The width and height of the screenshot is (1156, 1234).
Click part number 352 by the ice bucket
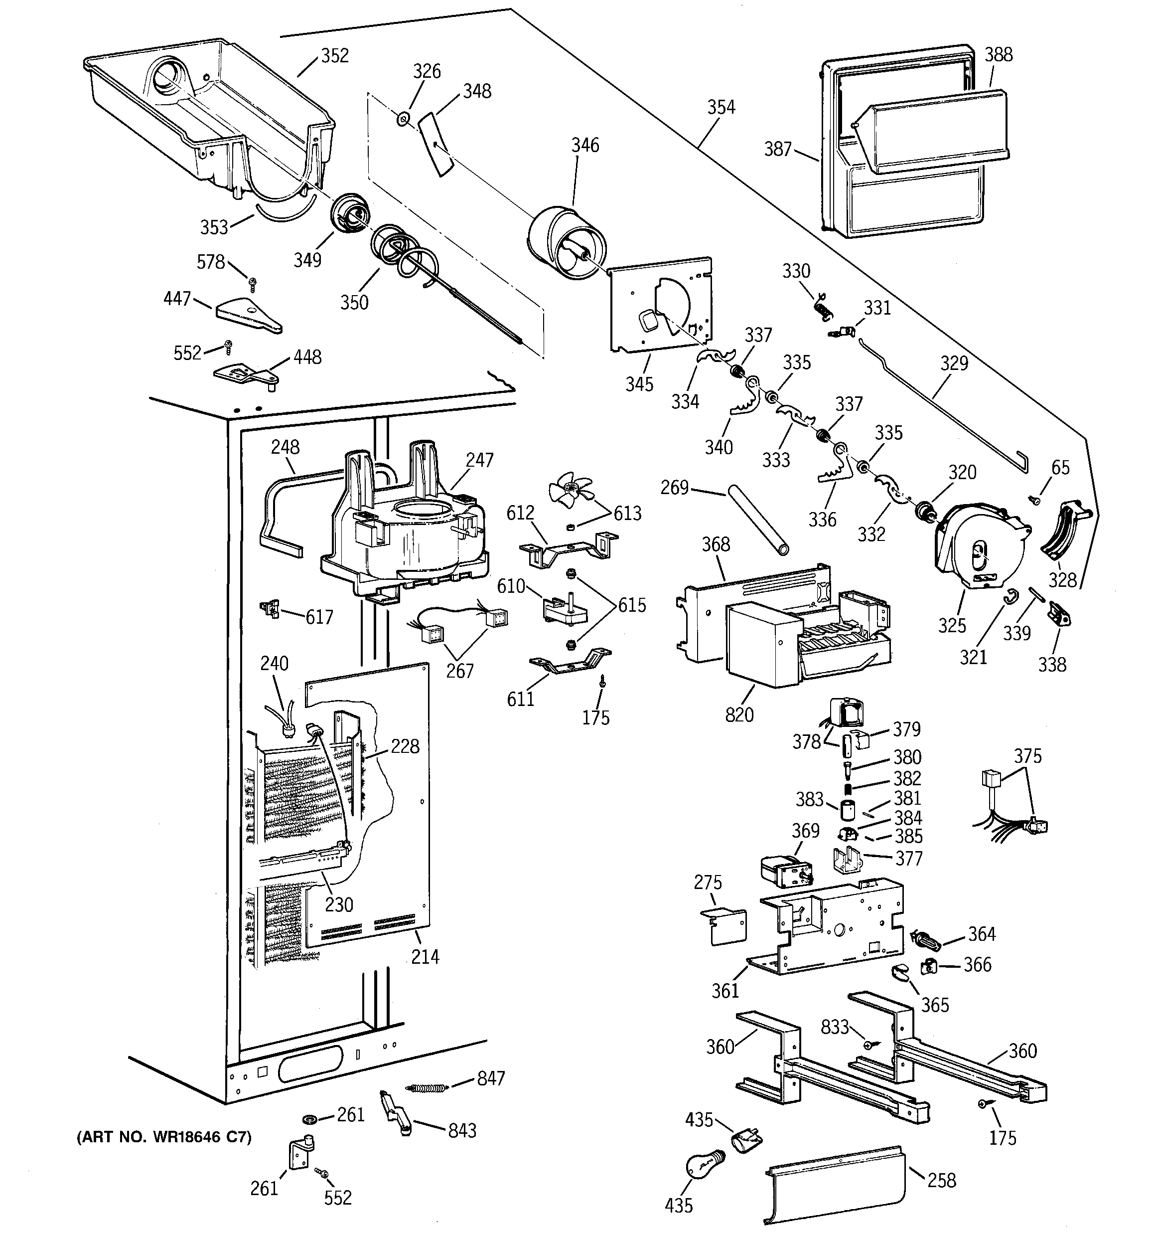pos(334,56)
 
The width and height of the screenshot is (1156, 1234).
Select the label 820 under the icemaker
pos(739,715)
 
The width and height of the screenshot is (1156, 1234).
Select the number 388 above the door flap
pos(999,55)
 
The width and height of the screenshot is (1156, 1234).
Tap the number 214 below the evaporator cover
pos(425,956)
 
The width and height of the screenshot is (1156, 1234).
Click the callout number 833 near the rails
pos(835,1027)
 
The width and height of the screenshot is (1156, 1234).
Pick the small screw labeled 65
pos(1034,498)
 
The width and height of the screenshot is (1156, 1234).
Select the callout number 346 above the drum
pos(585,145)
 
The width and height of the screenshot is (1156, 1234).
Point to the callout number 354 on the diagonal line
pos(721,107)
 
